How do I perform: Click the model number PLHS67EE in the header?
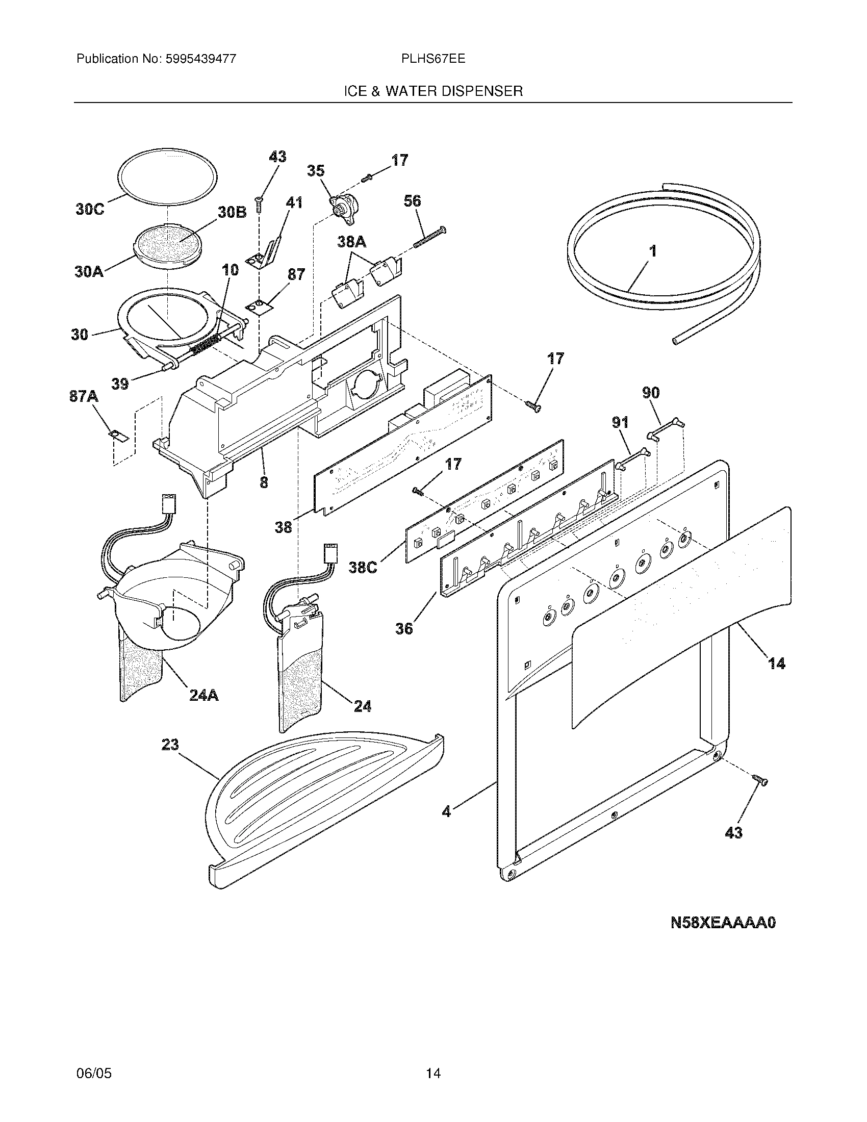coord(433,59)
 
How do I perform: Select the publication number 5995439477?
coord(200,59)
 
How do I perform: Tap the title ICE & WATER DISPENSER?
coord(433,91)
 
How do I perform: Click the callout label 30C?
coord(90,210)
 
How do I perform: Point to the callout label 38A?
coord(351,241)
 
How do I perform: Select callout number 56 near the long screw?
coord(412,201)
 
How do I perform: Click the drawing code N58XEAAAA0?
coord(723,923)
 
